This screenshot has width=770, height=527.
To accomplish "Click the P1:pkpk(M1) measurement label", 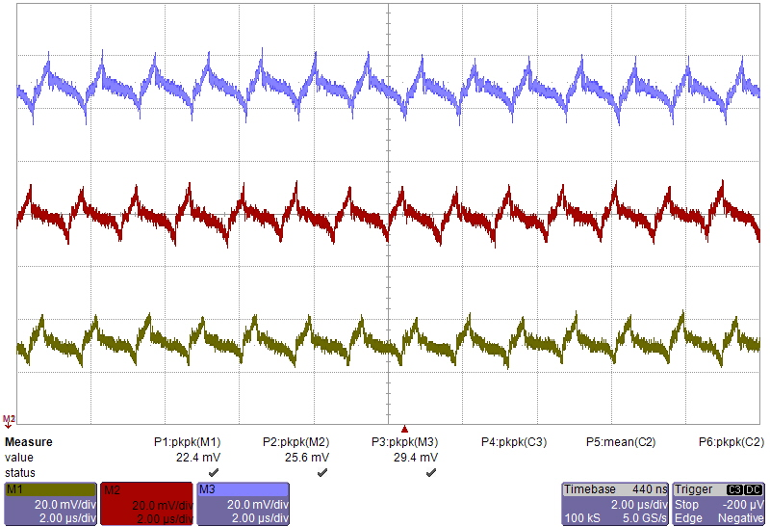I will pyautogui.click(x=188, y=442).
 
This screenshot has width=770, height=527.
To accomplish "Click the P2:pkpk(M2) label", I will pyautogui.click(x=296, y=442).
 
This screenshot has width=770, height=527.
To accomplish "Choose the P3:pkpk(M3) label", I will pyautogui.click(x=405, y=442).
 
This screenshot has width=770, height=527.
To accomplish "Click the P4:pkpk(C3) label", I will pyautogui.click(x=514, y=442).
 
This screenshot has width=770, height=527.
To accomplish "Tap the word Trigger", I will pyautogui.click(x=694, y=489).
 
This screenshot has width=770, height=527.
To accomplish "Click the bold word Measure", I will pyautogui.click(x=29, y=442).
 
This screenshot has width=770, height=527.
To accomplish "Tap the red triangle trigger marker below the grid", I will pyautogui.click(x=405, y=429).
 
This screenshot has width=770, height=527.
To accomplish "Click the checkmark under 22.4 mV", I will pyautogui.click(x=214, y=473).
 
